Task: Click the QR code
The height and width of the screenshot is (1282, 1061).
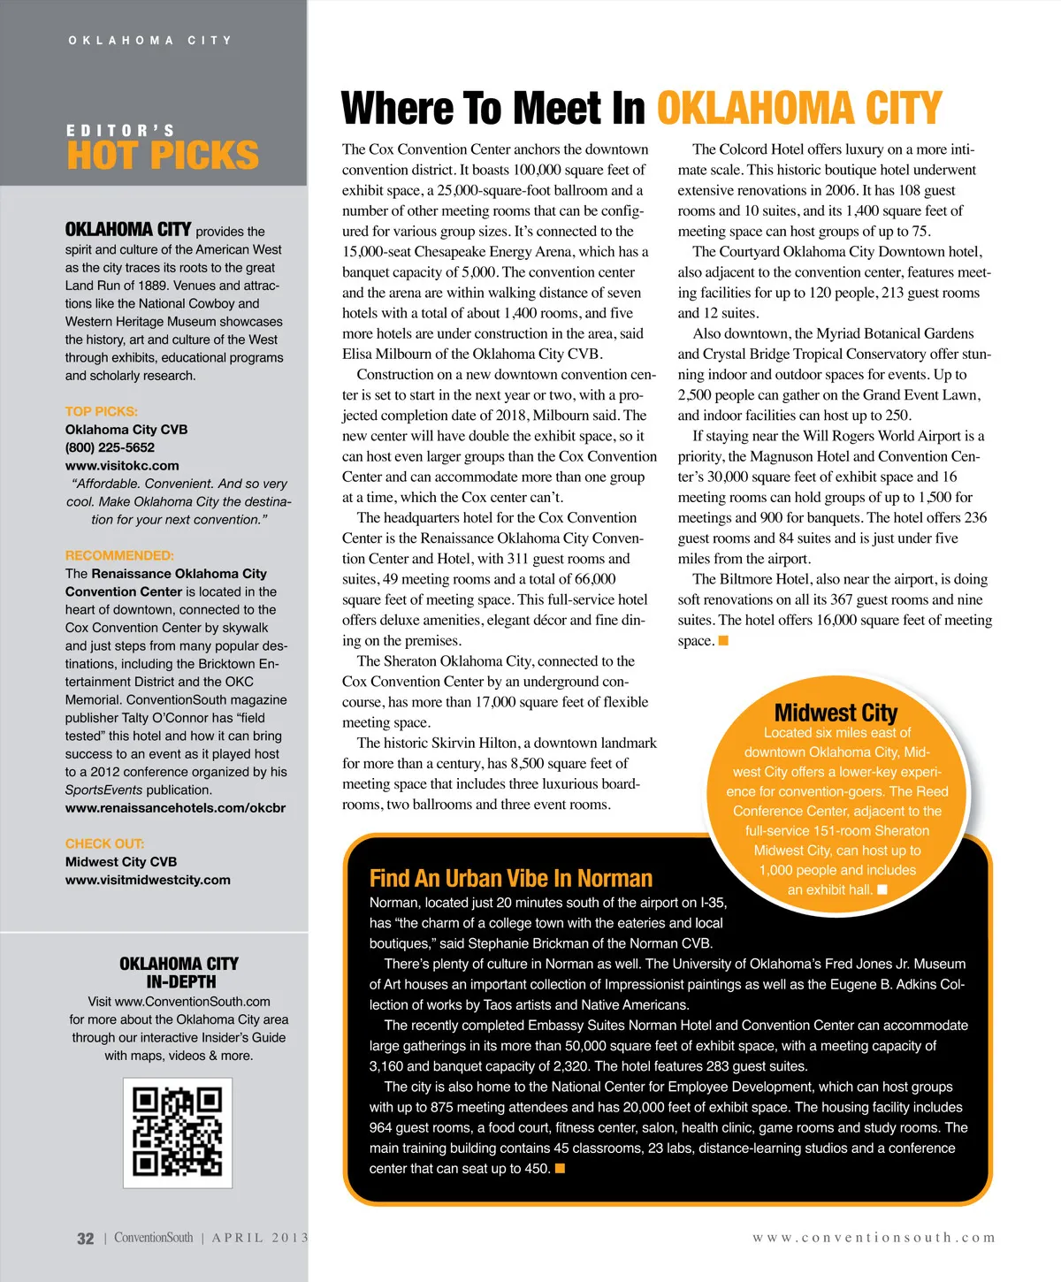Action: (x=177, y=1132)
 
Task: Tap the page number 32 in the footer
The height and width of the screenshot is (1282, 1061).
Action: (x=86, y=1239)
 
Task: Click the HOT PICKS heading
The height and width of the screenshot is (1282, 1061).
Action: (x=163, y=156)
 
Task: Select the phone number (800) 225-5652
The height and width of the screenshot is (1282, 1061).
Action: (x=110, y=447)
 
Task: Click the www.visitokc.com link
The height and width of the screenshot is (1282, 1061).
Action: (x=122, y=465)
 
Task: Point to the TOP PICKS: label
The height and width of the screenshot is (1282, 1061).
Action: (x=102, y=411)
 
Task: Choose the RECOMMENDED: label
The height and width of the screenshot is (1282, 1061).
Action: (x=119, y=555)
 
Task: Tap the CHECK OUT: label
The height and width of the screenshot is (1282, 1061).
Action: (x=104, y=843)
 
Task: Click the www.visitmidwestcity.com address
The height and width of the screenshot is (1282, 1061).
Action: (x=148, y=880)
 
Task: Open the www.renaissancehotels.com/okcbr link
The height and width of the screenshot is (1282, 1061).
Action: (x=175, y=807)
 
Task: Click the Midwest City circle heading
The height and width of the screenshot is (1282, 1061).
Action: (x=836, y=713)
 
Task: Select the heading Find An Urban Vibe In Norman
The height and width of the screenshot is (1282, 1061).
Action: (x=510, y=878)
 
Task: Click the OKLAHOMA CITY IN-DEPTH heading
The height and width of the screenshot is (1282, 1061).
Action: (x=179, y=973)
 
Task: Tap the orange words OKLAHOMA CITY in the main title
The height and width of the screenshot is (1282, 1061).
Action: (x=799, y=109)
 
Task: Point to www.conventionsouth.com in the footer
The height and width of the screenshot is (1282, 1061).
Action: (x=874, y=1238)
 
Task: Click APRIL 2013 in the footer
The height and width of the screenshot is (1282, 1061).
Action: (x=260, y=1238)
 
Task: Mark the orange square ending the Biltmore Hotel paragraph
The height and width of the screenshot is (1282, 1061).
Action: (x=723, y=641)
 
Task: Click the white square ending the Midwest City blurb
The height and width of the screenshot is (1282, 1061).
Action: (x=882, y=889)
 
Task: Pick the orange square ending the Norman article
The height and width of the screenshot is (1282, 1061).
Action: (x=560, y=1169)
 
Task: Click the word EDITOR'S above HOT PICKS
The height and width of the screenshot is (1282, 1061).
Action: (x=120, y=130)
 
